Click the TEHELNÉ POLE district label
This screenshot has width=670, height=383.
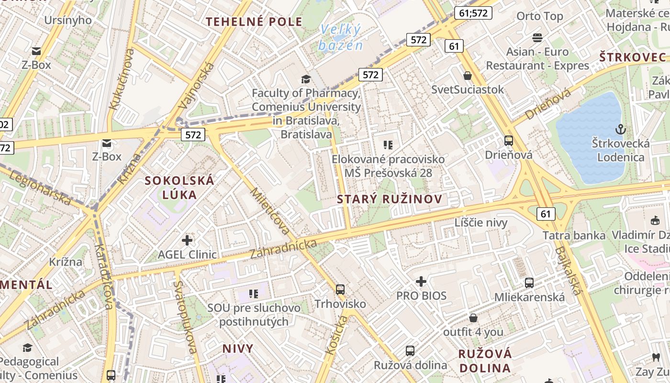pyautogui.click(x=254, y=22)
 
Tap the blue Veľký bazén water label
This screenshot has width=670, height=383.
pyautogui.click(x=341, y=37)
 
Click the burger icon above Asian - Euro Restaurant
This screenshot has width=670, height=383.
pyautogui.click(x=537, y=37)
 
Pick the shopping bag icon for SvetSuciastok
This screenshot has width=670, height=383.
pyautogui.click(x=468, y=76)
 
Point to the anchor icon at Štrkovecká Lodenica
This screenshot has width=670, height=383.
pyautogui.click(x=621, y=129)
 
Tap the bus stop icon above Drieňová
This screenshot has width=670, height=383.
pyautogui.click(x=509, y=141)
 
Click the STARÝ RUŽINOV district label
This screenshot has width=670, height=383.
pyautogui.click(x=390, y=199)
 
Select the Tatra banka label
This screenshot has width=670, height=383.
pyautogui.click(x=574, y=235)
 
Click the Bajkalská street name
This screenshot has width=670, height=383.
pyautogui.click(x=569, y=271)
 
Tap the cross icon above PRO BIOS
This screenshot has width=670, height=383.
pyautogui.click(x=421, y=281)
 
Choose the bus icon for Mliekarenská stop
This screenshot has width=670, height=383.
pyautogui.click(x=529, y=282)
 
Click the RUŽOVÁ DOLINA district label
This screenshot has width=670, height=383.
pyautogui.click(x=485, y=361)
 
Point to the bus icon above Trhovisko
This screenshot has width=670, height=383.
pyautogui.click(x=340, y=289)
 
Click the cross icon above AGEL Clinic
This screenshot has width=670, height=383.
pyautogui.click(x=187, y=240)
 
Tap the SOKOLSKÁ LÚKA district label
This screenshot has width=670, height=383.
pyautogui.click(x=179, y=188)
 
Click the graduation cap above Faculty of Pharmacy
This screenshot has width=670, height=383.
pyautogui.click(x=306, y=79)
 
